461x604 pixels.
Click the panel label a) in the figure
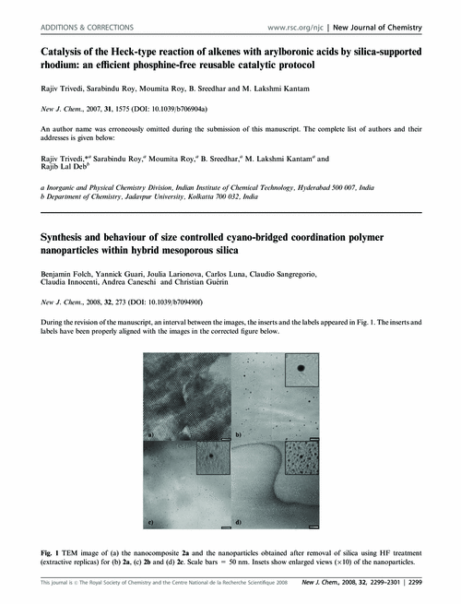[x=148, y=432]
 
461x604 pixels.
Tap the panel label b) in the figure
[x=239, y=432]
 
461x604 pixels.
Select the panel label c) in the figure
[x=148, y=522]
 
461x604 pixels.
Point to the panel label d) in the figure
[x=239, y=523]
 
